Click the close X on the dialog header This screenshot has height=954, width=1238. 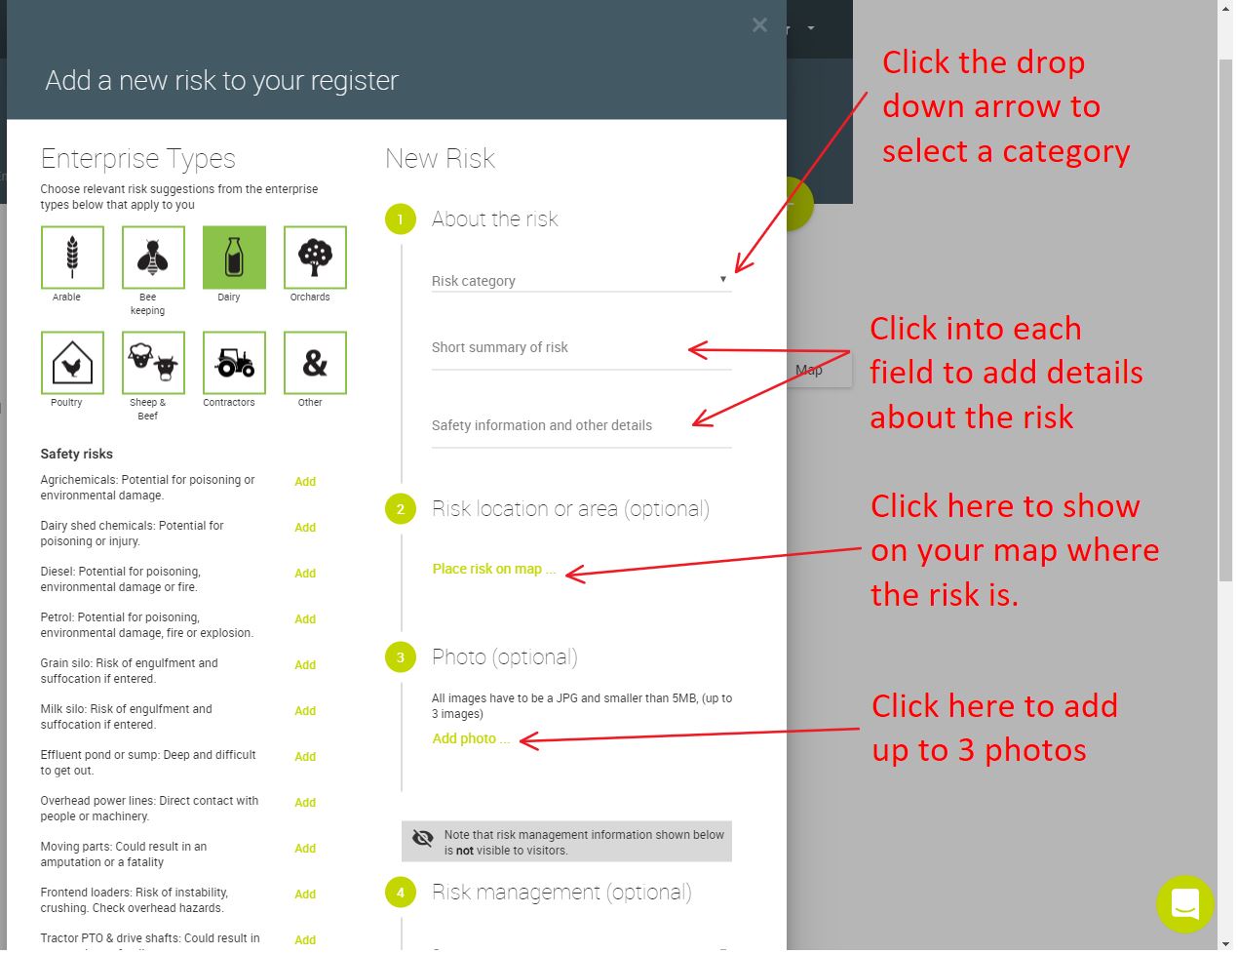pos(759,24)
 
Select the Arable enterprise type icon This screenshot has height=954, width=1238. pos(72,258)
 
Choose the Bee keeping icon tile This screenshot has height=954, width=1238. pos(153,258)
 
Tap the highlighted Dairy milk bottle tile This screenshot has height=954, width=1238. pos(234,258)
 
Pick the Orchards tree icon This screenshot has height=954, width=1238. pos(315,258)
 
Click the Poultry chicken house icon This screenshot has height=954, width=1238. pos(72,363)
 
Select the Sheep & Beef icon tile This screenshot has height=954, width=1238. pos(153,363)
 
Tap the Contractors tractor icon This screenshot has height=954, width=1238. pos(234,363)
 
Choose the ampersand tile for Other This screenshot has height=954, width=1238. pos(315,363)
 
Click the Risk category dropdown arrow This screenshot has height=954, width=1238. pos(723,279)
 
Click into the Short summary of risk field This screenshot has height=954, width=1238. pos(581,348)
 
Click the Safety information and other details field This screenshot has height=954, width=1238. pos(581,426)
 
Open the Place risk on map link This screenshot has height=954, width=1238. pos(493,569)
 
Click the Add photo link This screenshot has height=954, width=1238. pos(471,738)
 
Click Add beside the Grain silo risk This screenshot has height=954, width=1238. pos(305,665)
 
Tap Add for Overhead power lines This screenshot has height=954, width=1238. pos(305,803)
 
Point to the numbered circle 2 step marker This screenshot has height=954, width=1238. pos(401,509)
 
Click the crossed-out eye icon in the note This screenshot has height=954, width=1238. pos(423,838)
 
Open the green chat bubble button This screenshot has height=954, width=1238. pos(1185,904)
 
